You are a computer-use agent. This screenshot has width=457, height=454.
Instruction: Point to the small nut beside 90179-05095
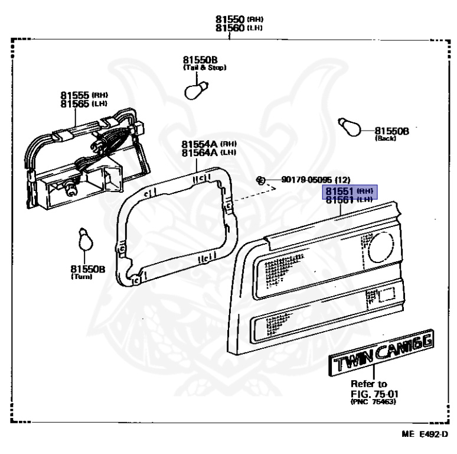coord(260,179)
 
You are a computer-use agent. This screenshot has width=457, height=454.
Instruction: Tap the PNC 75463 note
coord(373,403)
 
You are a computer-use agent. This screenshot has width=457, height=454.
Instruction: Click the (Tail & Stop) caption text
coord(205,67)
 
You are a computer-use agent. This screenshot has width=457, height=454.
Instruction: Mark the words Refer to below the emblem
coord(369,384)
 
